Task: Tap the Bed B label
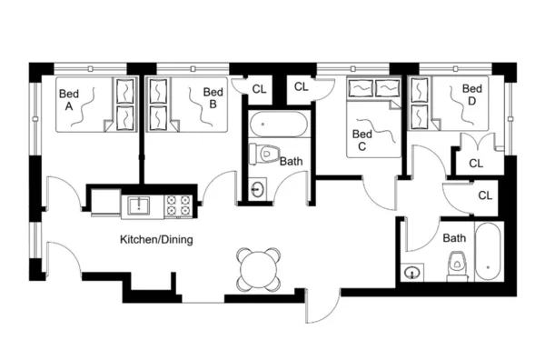[213, 98]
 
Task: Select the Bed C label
[362, 139]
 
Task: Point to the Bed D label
[471, 95]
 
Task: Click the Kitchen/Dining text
[157, 240]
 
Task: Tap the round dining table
[257, 268]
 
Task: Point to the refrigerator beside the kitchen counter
[104, 199]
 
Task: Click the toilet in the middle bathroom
[266, 153]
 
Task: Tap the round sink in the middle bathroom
[259, 190]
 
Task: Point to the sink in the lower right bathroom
[415, 271]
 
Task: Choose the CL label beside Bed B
[260, 89]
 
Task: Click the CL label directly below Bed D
[476, 164]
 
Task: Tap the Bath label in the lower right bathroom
[454, 239]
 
